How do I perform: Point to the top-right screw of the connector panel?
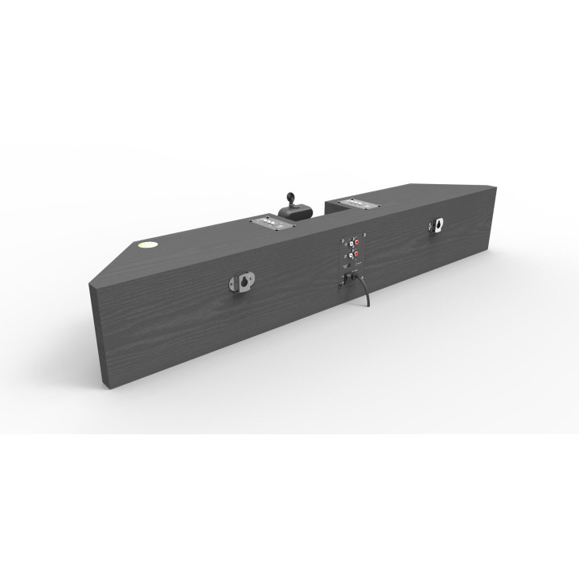click(366, 234)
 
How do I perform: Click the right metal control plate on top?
click(356, 203)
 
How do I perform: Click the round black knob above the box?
click(290, 198)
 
